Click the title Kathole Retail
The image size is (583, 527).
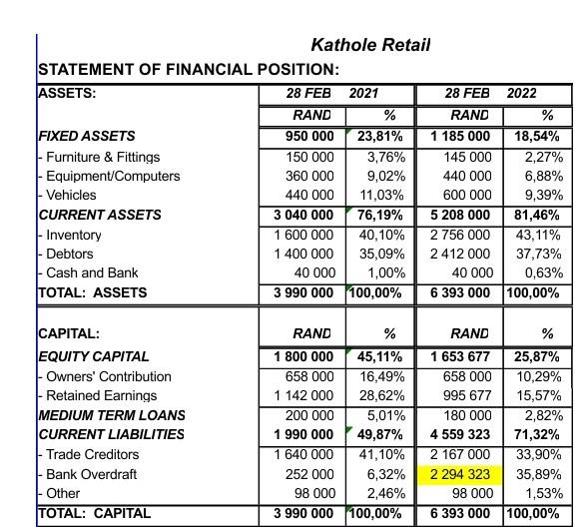tap(370, 45)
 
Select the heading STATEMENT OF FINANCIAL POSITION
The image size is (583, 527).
tap(188, 70)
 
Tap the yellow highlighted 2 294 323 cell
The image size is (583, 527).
tap(459, 474)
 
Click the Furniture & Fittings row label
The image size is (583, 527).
tap(102, 157)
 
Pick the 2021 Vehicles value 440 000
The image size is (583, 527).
tap(309, 196)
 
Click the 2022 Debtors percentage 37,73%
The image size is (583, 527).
tap(539, 254)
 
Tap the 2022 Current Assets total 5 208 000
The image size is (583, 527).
tap(459, 215)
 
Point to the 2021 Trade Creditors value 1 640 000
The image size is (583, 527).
tap(304, 454)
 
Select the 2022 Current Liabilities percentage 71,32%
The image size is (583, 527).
tap(539, 435)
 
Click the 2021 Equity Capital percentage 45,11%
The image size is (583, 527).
tap(380, 356)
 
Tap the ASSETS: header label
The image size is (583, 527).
tap(67, 94)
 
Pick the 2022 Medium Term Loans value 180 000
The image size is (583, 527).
tap(467, 415)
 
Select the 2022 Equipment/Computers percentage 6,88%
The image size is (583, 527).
tap(543, 176)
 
